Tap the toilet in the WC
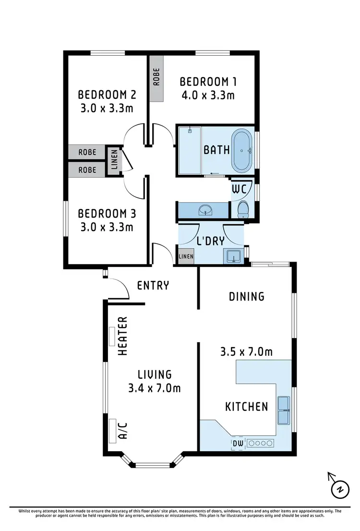click(243, 208)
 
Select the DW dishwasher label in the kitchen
click(238, 443)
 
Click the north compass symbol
click(339, 488)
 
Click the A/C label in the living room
click(122, 431)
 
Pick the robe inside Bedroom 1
click(156, 78)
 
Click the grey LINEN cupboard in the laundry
click(186, 256)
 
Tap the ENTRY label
click(153, 286)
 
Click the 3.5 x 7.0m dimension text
click(246, 352)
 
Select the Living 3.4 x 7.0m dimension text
click(155, 388)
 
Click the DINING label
click(247, 296)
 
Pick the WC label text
click(239, 189)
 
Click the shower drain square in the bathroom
click(190, 130)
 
